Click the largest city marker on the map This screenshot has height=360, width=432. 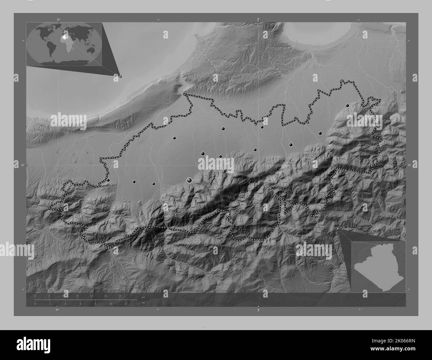[x=189, y=180]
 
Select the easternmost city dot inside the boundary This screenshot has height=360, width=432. [x=347, y=106]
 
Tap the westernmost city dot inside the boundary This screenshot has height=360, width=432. [x=108, y=180]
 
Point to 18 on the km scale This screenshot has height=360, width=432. [x=119, y=296]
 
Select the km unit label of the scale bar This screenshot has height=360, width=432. [x=144, y=297]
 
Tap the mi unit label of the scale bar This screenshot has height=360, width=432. [x=143, y=303]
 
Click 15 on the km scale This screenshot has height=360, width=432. [x=105, y=296]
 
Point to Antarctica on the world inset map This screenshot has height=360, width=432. [x=65, y=62]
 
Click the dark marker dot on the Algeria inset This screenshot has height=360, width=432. [x=381, y=245]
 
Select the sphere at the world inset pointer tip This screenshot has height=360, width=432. [x=120, y=76]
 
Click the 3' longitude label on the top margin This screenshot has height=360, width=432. [x=258, y=19]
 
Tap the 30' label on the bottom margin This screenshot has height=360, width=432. [x=57, y=310]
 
